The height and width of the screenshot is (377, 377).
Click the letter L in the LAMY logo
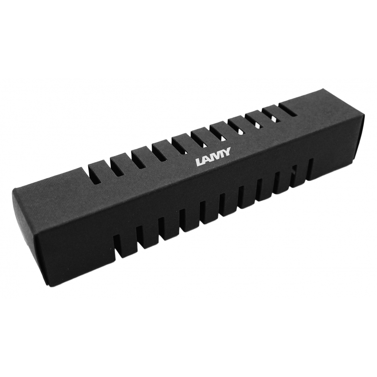(199, 162)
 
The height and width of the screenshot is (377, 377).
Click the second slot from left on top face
(116, 164)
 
